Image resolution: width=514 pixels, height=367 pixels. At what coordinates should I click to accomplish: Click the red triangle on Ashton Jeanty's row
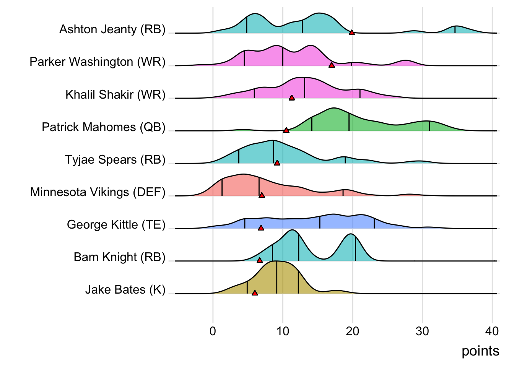[352, 33]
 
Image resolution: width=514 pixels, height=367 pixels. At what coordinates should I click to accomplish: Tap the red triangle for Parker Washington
[332, 65]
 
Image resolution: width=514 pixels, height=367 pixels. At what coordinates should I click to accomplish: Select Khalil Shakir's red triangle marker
[292, 98]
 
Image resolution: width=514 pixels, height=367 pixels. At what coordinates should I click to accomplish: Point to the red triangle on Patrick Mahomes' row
[286, 131]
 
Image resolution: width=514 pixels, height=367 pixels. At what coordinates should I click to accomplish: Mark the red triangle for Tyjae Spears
[277, 163]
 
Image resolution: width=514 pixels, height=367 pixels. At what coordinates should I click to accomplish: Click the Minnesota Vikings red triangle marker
[262, 195]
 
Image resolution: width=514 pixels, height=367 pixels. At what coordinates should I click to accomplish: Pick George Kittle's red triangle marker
[261, 228]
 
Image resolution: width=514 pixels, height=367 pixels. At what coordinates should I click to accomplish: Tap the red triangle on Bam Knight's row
[260, 261]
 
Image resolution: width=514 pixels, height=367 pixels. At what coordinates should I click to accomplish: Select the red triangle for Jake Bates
[255, 293]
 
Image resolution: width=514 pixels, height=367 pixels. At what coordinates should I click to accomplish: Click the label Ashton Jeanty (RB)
[112, 29]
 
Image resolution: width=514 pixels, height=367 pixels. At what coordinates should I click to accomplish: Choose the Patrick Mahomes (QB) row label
[104, 127]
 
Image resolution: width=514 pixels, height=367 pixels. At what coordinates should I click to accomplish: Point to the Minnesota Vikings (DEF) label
[98, 192]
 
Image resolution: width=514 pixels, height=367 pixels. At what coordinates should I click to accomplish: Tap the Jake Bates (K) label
[125, 290]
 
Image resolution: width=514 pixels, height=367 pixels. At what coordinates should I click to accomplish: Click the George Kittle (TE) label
[116, 224]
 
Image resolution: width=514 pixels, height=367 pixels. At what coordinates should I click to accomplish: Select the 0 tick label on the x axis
[213, 331]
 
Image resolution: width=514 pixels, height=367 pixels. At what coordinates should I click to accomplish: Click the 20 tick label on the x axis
[353, 331]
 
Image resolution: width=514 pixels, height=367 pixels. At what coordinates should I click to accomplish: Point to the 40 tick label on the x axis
[492, 331]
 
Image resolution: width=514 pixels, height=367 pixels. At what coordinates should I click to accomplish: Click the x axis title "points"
[480, 351]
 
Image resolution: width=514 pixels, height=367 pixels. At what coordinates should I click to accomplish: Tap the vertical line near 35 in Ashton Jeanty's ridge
[455, 29]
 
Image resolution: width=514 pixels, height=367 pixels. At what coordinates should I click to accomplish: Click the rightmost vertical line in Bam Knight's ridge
[356, 249]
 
